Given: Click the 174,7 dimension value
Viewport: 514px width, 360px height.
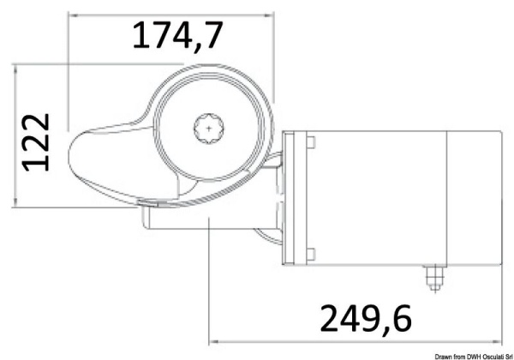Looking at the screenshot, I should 178,35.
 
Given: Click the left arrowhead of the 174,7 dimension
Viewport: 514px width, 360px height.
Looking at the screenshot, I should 72,14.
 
